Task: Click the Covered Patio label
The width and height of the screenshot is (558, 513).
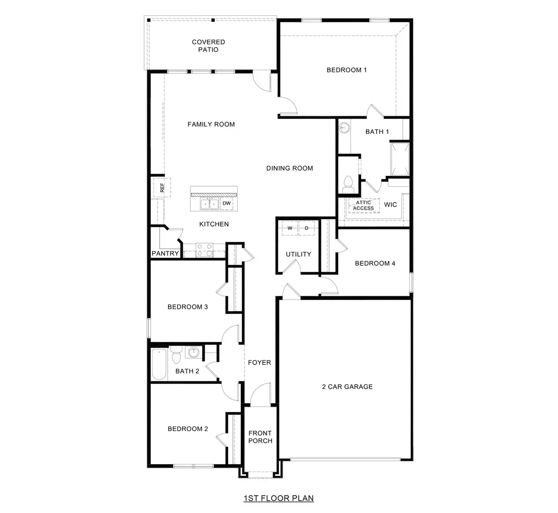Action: pyautogui.click(x=208, y=46)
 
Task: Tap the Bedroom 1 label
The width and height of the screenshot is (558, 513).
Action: pyautogui.click(x=346, y=70)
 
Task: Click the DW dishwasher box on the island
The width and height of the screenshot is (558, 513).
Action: pyautogui.click(x=226, y=203)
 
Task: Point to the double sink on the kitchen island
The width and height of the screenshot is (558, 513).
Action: pyautogui.click(x=209, y=203)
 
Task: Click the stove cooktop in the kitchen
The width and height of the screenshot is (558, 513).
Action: pyautogui.click(x=204, y=250)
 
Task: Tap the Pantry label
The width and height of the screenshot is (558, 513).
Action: pyautogui.click(x=165, y=253)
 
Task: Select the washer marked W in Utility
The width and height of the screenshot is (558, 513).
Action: pyautogui.click(x=290, y=228)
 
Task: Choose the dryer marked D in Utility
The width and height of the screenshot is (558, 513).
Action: pyautogui.click(x=306, y=228)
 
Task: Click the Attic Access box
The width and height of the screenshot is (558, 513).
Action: pyautogui.click(x=363, y=206)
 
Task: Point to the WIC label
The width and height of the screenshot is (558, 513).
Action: pyautogui.click(x=391, y=205)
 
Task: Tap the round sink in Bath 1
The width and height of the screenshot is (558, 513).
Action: pyautogui.click(x=344, y=127)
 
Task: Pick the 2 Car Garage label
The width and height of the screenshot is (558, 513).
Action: pyautogui.click(x=347, y=386)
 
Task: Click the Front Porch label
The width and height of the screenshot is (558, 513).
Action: pyautogui.click(x=260, y=437)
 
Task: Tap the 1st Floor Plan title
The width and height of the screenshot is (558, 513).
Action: pyautogui.click(x=279, y=498)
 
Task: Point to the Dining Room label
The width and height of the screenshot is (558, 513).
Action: pyautogui.click(x=289, y=168)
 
